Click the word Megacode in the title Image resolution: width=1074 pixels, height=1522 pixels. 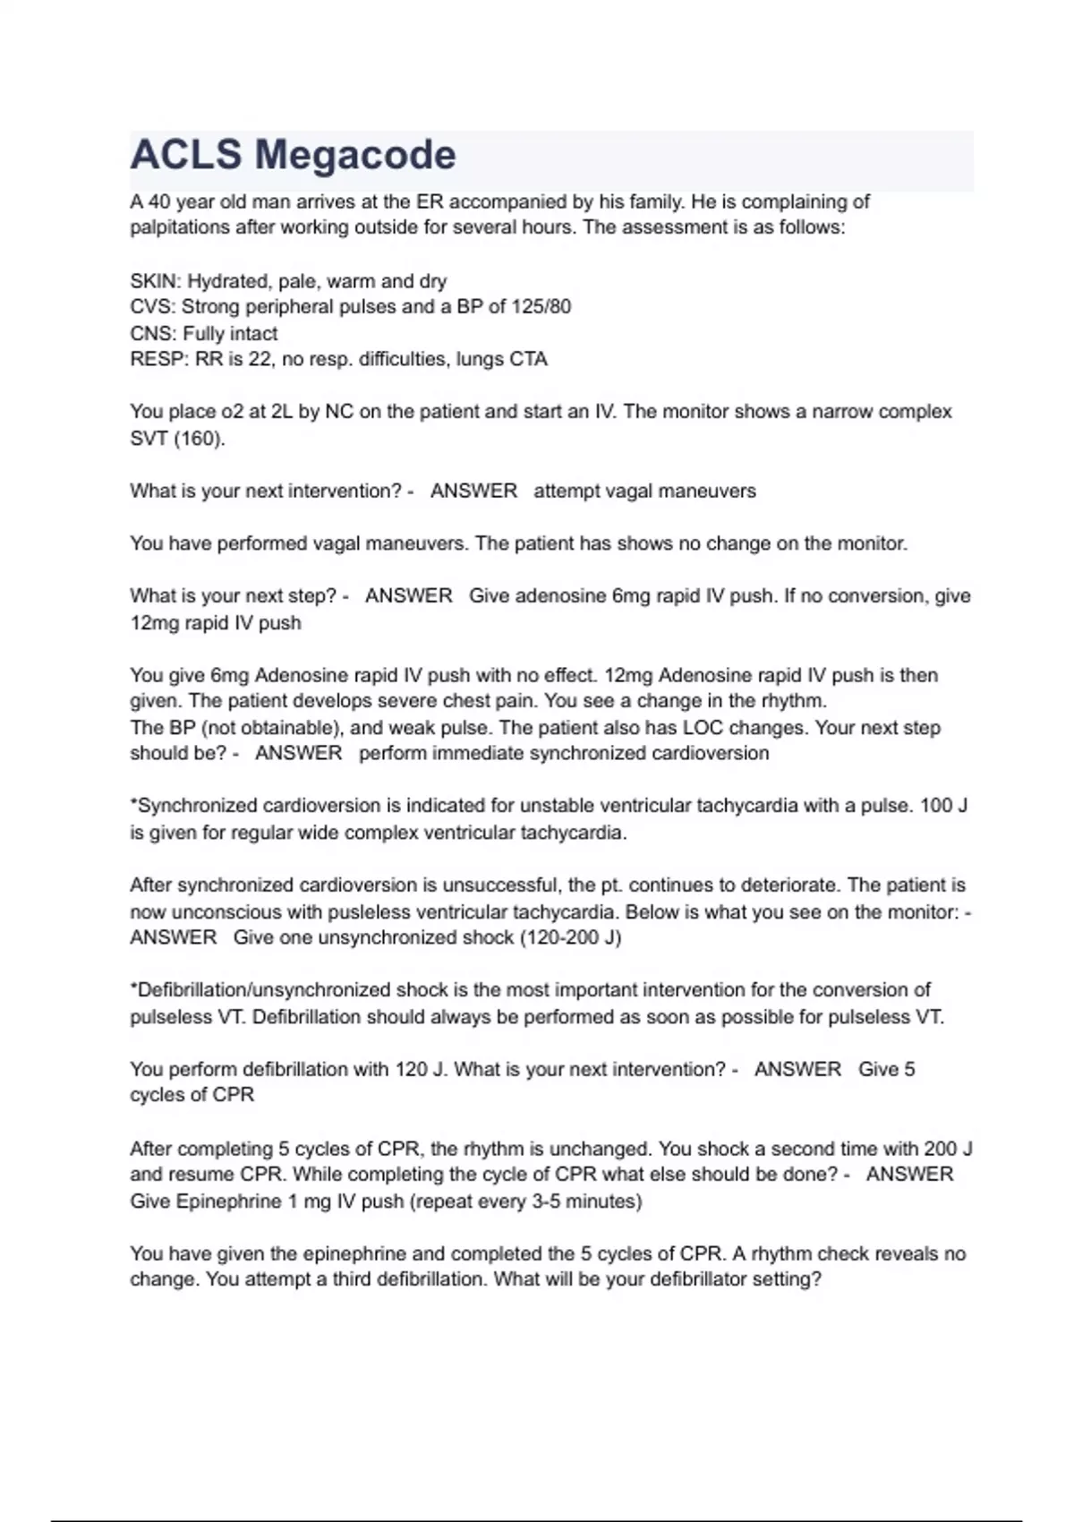355,155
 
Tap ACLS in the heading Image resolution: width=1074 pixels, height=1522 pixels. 185,155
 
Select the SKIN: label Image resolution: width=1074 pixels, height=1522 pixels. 156,281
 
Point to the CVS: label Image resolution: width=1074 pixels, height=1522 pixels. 153,307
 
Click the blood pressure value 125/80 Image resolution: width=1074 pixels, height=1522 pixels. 541,307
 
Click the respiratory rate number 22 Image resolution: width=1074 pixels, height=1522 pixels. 262,360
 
